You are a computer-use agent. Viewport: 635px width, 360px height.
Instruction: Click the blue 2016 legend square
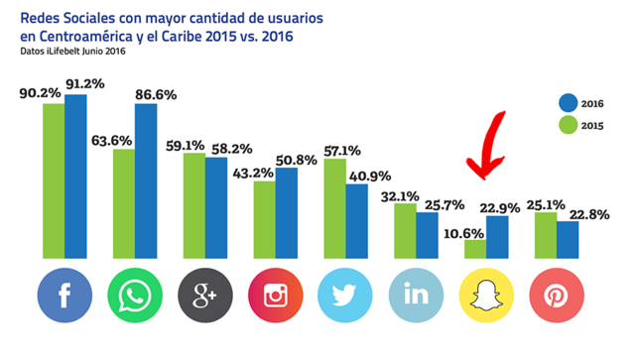567,103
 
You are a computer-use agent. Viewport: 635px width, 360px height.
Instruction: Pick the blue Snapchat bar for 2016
497,238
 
